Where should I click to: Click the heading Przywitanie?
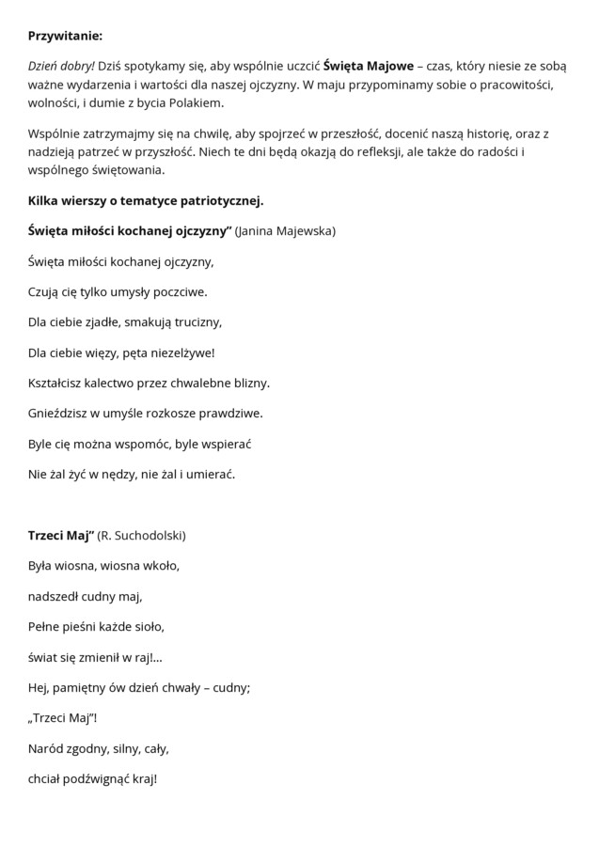pos(65,36)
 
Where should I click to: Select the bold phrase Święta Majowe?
pos(367,67)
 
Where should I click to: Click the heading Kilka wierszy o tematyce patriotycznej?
pos(146,200)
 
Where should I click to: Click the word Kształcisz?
pos(59,383)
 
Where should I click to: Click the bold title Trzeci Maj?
pos(61,535)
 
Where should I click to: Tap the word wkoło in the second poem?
pos(160,566)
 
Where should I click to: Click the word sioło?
pos(148,626)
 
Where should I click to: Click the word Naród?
pos(48,748)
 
